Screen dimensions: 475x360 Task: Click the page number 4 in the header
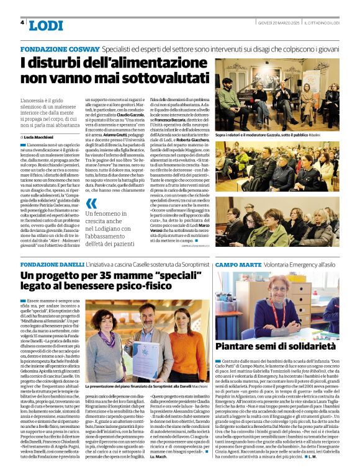click(22, 22)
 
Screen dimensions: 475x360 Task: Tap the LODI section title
click(47, 25)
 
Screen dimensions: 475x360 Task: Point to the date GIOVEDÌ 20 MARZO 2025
click(280, 23)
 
